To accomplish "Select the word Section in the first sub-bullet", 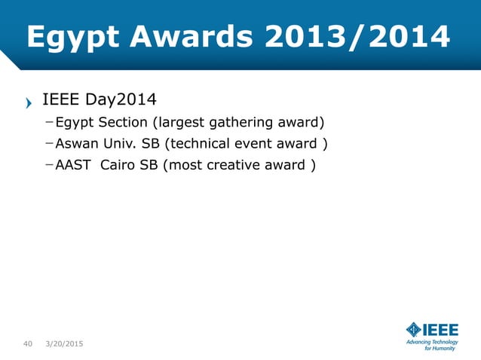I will tap(123, 123).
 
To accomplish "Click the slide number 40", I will tap(27, 344).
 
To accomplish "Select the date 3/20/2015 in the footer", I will tap(64, 344).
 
